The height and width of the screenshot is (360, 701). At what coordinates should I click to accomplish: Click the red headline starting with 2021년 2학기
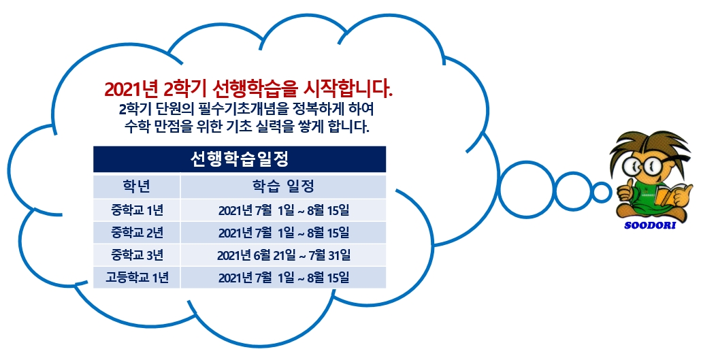coord(248,89)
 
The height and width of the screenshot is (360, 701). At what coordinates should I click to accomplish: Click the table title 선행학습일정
coord(240,159)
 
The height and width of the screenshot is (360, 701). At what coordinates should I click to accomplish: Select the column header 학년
coord(136,186)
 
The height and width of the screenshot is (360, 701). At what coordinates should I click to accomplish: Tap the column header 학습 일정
coord(283,186)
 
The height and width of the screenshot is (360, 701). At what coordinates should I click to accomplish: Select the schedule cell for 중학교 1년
coord(284,210)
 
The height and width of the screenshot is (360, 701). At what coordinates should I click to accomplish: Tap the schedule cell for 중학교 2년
coord(284,233)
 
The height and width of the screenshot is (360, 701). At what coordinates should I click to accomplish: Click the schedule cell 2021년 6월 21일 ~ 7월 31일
coord(284,255)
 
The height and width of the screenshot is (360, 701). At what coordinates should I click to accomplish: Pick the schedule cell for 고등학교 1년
coord(284,278)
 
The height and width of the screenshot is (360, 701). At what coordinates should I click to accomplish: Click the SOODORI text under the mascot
coord(649,225)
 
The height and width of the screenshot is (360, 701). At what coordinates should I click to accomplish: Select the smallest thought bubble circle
coord(602,193)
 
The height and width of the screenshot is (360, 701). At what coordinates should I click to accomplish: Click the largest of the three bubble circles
coord(525,190)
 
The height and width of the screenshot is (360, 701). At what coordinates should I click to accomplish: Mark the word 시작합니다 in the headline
coord(348,89)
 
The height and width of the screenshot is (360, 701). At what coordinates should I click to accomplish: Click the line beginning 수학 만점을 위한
coord(247,127)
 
